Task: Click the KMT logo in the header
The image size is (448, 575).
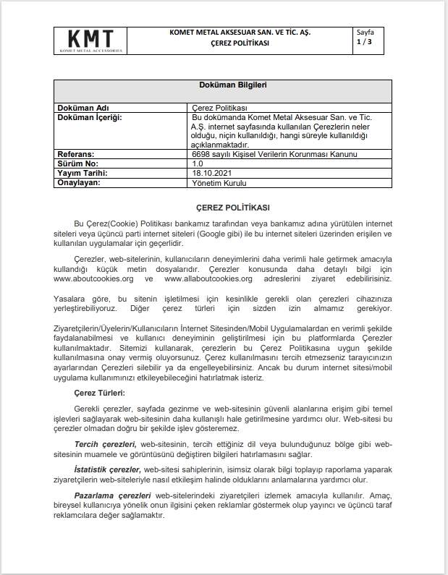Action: pyautogui.click(x=90, y=41)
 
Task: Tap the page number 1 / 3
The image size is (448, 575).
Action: pyautogui.click(x=363, y=43)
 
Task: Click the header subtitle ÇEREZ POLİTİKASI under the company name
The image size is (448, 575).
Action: pyautogui.click(x=239, y=43)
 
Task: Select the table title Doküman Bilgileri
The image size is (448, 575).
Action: pyautogui.click(x=223, y=85)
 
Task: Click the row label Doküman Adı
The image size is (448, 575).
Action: pyautogui.click(x=83, y=108)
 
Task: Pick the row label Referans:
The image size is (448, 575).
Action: pyautogui.click(x=79, y=155)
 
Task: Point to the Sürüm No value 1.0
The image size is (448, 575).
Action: pyautogui.click(x=198, y=164)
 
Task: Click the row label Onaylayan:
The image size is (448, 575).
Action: pyautogui.click(x=82, y=183)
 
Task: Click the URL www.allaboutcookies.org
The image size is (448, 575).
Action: pyautogui.click(x=208, y=278)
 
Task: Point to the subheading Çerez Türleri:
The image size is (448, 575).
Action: pyautogui.click(x=100, y=393)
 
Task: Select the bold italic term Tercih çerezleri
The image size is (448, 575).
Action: pyautogui.click(x=106, y=443)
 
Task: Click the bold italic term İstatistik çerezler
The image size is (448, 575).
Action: pyautogui.click(x=107, y=469)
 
